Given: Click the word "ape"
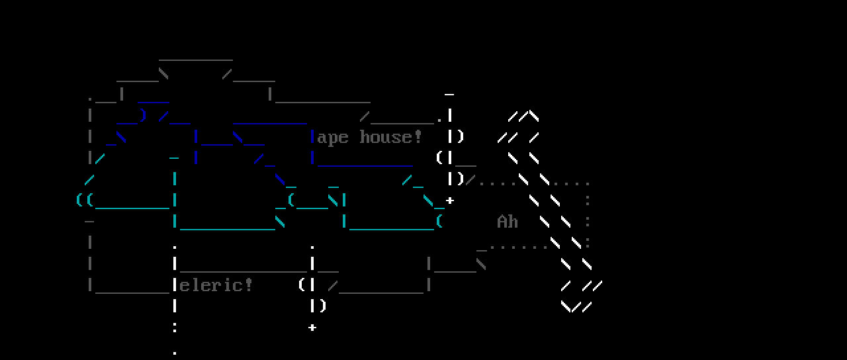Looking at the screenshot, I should click(333, 138).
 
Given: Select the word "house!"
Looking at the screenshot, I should click(390, 137).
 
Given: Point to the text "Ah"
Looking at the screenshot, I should click(508, 222).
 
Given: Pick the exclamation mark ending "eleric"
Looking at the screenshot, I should click(249, 285).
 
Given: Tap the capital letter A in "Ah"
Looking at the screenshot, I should click(502, 222).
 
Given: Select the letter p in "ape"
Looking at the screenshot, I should click(333, 138).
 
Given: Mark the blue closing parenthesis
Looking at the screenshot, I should click(143, 115).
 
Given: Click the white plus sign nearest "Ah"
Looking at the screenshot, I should click(450, 200).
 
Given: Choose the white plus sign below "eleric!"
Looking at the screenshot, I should click(312, 327).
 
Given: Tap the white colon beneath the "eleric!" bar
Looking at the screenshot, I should click(175, 327).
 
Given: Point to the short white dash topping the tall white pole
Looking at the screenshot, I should click(450, 95).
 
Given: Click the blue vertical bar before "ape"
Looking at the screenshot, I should click(312, 137).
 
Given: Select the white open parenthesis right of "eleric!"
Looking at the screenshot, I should click(302, 285).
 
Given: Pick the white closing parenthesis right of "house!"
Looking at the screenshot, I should click(461, 137).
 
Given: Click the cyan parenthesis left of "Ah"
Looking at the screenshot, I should click(439, 221).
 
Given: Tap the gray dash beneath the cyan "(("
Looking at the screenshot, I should click(89, 221).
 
